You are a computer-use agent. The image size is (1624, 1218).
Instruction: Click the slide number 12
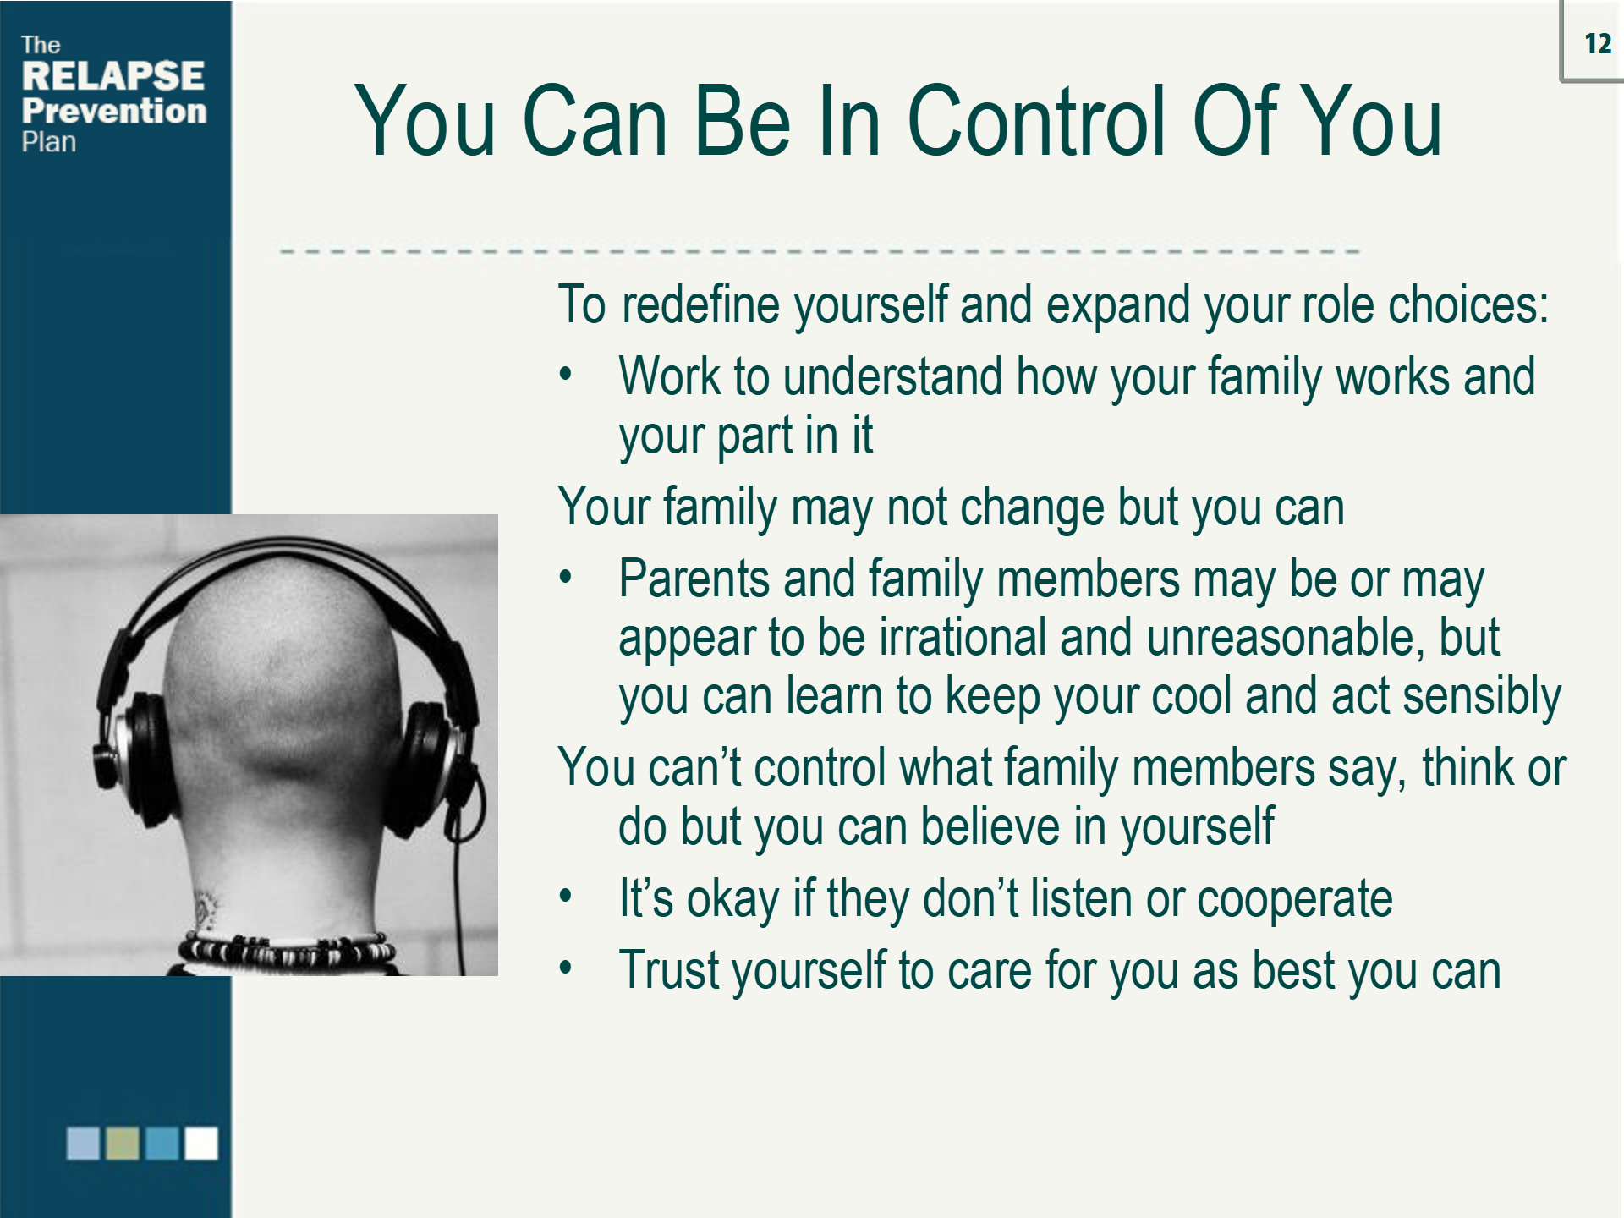(x=1598, y=44)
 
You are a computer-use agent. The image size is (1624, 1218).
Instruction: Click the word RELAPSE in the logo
(x=113, y=76)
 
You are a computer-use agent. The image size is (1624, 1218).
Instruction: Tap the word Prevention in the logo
(x=114, y=111)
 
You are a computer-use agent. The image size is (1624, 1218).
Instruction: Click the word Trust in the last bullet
(x=669, y=969)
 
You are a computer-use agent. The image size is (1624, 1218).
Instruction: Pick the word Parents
(x=694, y=579)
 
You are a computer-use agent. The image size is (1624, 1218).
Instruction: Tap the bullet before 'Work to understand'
(x=566, y=373)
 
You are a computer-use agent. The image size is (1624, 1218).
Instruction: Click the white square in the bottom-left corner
(x=201, y=1144)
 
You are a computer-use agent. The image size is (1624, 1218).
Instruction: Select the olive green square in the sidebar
(x=123, y=1144)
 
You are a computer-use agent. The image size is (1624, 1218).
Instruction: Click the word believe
(x=990, y=826)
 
